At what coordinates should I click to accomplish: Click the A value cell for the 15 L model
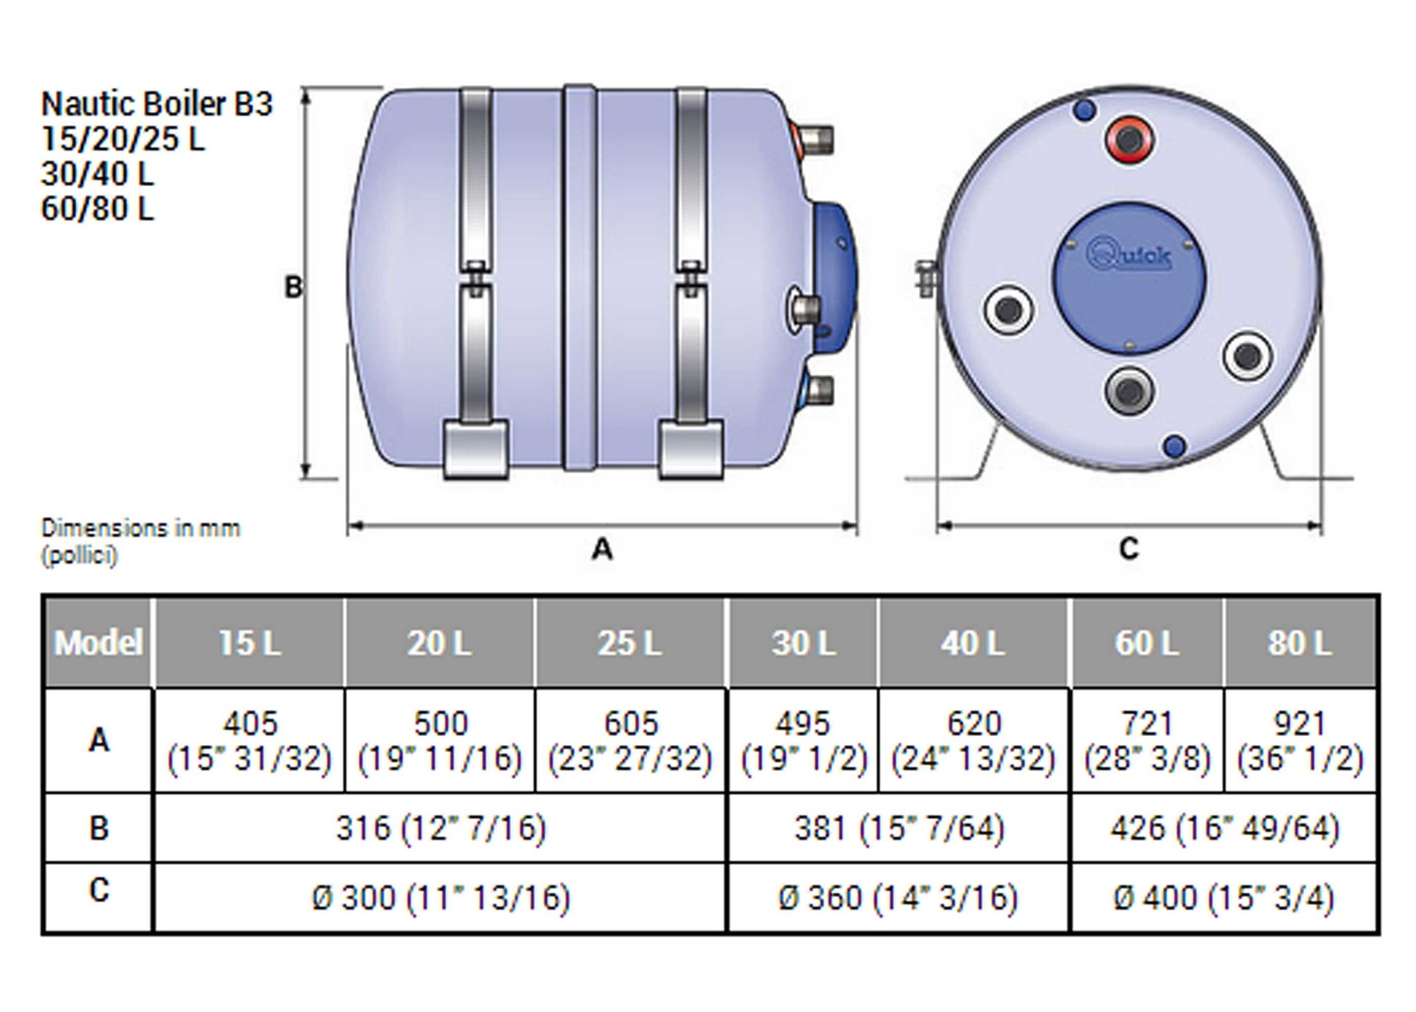[250, 740]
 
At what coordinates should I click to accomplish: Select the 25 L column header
[630, 643]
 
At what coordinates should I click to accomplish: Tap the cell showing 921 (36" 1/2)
[1300, 740]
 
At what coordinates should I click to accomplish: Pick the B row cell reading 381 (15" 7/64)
[899, 827]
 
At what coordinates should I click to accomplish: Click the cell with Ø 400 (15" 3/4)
[1224, 898]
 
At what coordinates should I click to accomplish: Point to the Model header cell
[98, 643]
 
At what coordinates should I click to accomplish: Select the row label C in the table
[99, 891]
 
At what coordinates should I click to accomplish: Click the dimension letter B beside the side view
[293, 286]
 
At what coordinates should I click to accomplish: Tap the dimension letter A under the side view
[602, 549]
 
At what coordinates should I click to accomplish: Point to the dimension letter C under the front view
[1128, 549]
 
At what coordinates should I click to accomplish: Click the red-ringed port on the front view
[1129, 140]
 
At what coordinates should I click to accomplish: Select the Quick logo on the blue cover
[1129, 255]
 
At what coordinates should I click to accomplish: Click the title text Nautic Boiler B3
[157, 104]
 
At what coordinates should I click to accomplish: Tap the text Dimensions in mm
[140, 528]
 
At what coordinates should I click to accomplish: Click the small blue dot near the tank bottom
[1175, 446]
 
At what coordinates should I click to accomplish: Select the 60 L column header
[1146, 643]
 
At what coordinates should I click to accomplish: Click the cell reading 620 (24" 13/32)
[973, 740]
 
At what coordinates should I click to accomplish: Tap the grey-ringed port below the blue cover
[1129, 391]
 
